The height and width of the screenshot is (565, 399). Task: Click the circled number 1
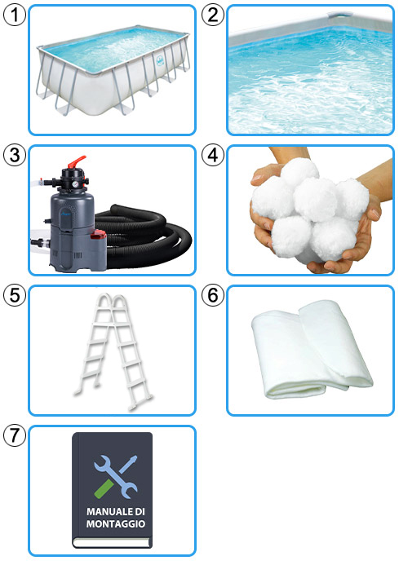click(x=15, y=15)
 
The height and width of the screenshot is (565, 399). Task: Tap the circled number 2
click(x=213, y=15)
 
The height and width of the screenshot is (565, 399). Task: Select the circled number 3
click(x=15, y=155)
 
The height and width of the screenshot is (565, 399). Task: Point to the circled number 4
click(x=213, y=155)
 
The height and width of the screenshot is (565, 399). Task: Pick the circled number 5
click(x=15, y=295)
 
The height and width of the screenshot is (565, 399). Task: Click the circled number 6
click(x=213, y=295)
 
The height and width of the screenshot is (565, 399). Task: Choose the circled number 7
click(x=15, y=435)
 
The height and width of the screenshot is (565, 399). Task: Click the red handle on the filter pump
click(x=77, y=161)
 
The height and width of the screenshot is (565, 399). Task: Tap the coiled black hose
click(x=144, y=238)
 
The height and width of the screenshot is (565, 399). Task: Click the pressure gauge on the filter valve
click(x=75, y=184)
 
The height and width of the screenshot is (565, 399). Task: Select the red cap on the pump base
click(x=98, y=236)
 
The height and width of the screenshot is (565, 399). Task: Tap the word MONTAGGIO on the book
click(x=115, y=523)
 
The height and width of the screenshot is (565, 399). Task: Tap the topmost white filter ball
click(x=300, y=172)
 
